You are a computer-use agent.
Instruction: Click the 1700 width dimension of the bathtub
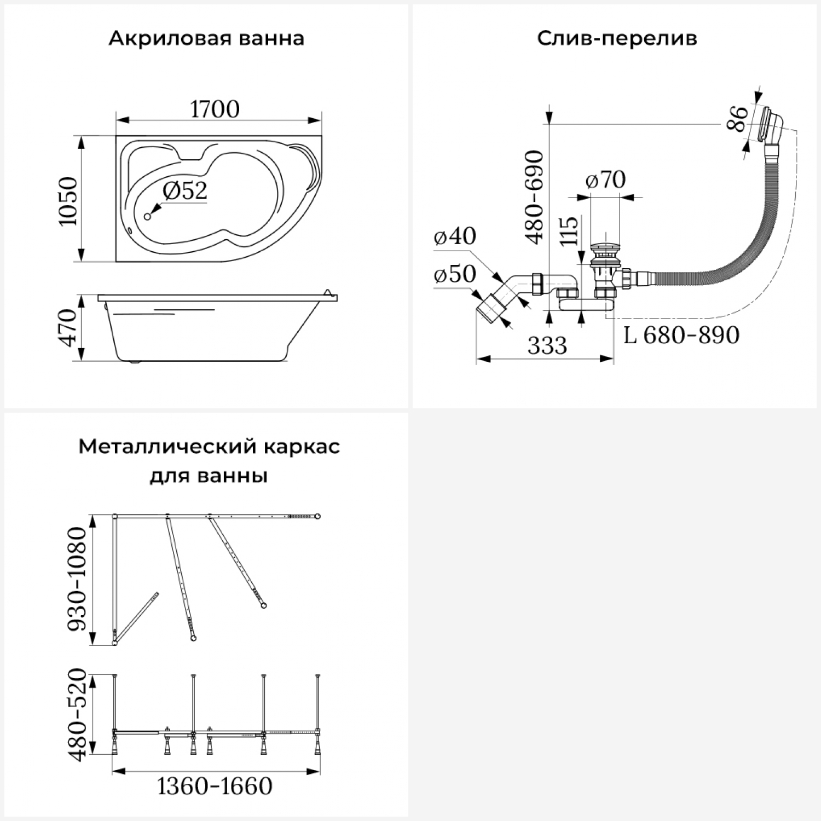(x=215, y=109)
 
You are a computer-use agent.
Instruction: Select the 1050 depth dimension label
(x=69, y=201)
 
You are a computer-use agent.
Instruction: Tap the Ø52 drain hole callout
(x=185, y=190)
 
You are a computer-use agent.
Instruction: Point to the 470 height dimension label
(x=69, y=327)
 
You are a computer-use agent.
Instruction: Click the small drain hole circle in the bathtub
(x=147, y=217)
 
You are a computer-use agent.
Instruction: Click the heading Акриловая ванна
(x=206, y=39)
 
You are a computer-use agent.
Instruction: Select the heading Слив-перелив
(x=617, y=39)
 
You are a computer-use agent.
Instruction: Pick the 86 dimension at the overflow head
(x=738, y=119)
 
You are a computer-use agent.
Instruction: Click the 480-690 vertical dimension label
(x=534, y=197)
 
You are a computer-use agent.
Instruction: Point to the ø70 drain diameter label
(x=605, y=180)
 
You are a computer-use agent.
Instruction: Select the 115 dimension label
(x=569, y=231)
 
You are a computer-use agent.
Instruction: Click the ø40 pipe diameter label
(x=455, y=236)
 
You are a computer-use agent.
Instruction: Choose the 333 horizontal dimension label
(x=547, y=345)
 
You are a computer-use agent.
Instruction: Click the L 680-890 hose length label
(x=681, y=335)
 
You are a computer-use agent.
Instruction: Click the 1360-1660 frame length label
(x=215, y=787)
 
